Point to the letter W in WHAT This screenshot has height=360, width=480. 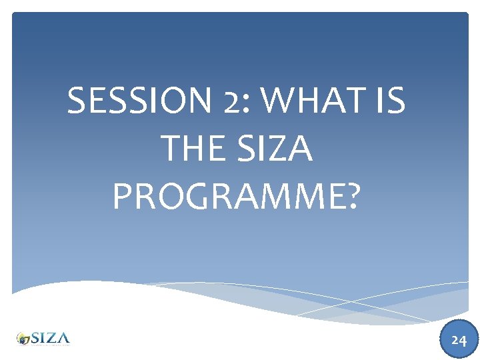click(x=279, y=102)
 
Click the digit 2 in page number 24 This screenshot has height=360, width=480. click(x=454, y=340)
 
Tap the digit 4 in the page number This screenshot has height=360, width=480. click(x=462, y=340)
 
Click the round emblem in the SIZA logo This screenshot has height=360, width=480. click(x=24, y=339)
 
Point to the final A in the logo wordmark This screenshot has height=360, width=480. click(x=63, y=337)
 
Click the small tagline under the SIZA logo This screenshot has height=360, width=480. click(x=49, y=345)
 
